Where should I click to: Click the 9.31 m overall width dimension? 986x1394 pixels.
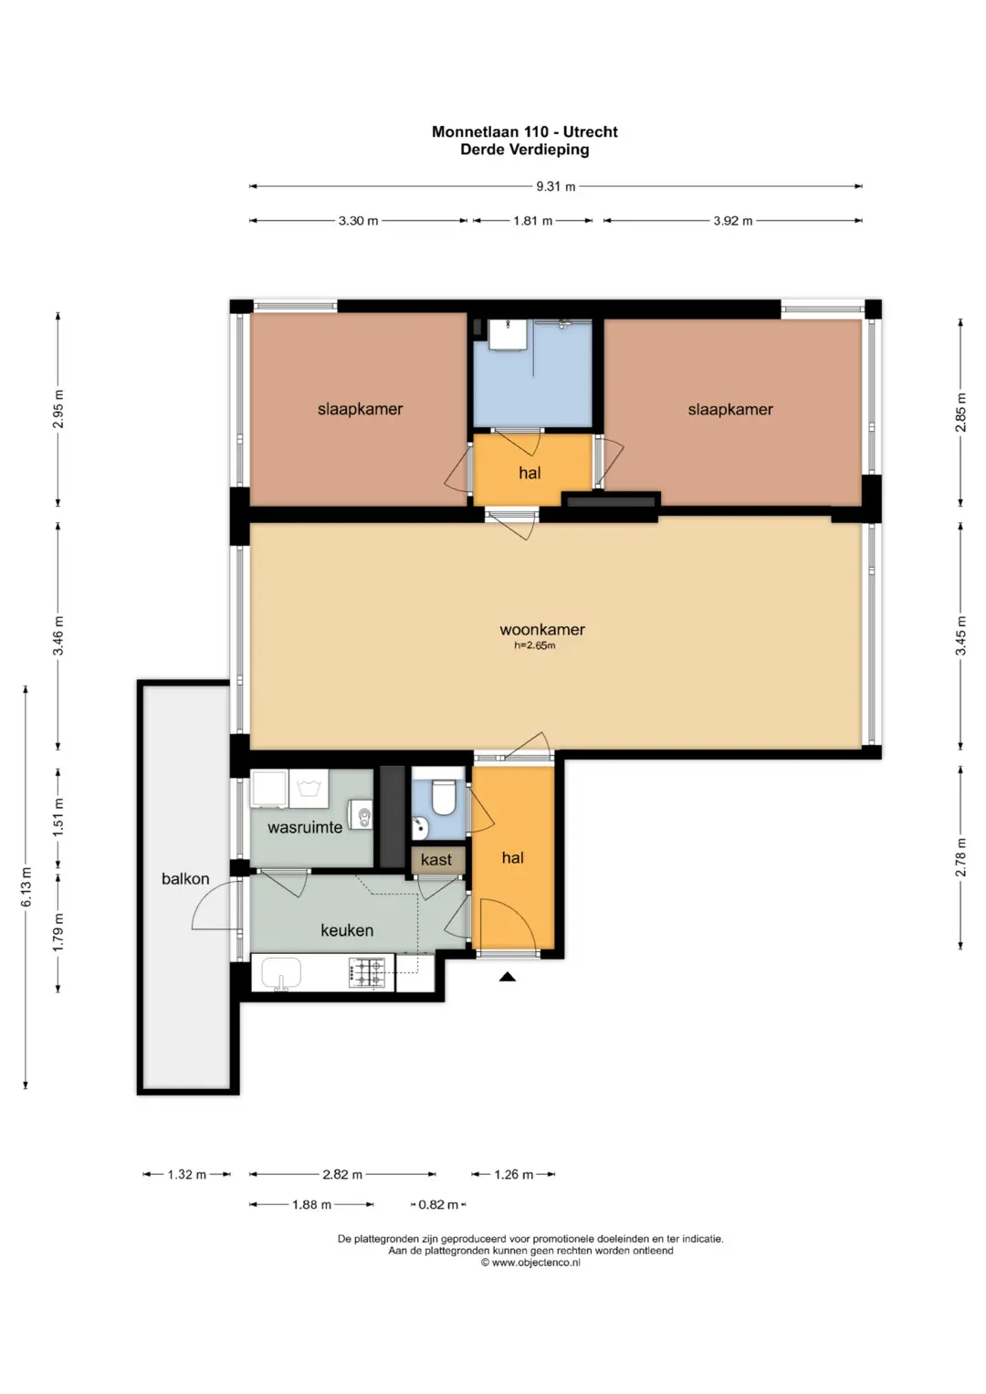[x=555, y=186]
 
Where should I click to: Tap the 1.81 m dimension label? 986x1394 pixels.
[x=532, y=220]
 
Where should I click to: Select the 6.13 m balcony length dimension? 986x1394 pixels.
[x=26, y=887]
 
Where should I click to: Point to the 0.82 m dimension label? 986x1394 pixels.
[x=438, y=1204]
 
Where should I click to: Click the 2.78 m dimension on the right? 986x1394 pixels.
[x=960, y=857]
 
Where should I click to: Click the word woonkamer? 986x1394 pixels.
[x=542, y=629]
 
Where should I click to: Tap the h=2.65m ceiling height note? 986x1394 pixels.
[x=535, y=645]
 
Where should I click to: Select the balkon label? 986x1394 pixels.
[x=184, y=879]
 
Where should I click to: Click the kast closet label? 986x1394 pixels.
[x=435, y=859]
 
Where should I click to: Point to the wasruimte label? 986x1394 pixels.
[x=305, y=827]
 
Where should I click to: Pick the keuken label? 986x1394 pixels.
[x=347, y=930]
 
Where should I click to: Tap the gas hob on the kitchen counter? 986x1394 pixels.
[x=370, y=972]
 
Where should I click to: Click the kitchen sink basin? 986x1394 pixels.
[x=281, y=972]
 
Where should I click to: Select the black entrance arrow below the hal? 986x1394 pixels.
[x=508, y=977]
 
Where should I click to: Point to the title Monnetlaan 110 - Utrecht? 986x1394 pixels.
[x=525, y=132]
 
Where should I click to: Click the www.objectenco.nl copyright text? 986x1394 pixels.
[x=530, y=1263]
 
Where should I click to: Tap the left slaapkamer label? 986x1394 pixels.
[x=360, y=409]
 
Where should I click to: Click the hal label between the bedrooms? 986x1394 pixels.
[x=530, y=473]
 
